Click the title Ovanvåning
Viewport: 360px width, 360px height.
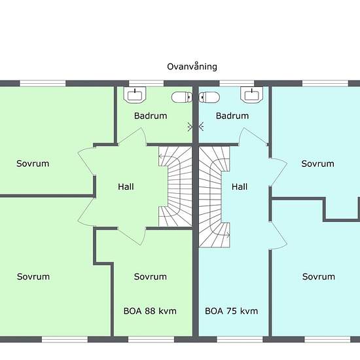pos(192,67)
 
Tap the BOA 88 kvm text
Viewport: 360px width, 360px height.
pos(150,311)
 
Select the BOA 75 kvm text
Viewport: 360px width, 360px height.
pos(232,311)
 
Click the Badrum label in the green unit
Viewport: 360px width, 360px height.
pos(151,116)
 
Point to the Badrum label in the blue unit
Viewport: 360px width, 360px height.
pos(232,116)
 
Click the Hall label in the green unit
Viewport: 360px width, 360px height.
pos(126,187)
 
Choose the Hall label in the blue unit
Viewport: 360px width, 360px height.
pos(240,187)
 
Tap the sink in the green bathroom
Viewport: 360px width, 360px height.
pos(135,95)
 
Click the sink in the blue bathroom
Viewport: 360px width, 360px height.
pos(251,95)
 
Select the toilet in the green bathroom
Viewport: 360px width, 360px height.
pos(182,97)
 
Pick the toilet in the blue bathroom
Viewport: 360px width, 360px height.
pos(209,97)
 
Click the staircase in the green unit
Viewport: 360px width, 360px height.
pos(175,187)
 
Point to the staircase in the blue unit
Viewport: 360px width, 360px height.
pos(214,197)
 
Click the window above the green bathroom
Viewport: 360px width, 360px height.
pos(146,83)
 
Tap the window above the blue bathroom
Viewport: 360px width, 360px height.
pos(237,83)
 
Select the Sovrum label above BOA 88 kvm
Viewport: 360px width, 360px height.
pos(151,277)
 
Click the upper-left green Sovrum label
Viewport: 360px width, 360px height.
pos(33,164)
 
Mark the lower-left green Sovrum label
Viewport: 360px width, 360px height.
pos(33,277)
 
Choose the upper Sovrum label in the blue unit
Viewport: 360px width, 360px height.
pos(317,164)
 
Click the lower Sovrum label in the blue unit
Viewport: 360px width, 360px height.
pos(319,277)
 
